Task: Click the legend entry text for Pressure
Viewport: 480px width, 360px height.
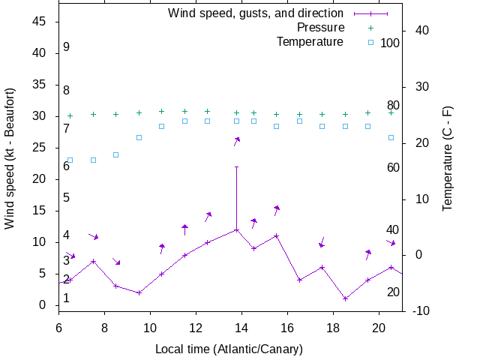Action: click(x=320, y=28)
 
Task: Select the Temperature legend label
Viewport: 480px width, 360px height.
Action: click(x=310, y=42)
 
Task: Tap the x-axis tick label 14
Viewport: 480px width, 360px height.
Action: click(x=241, y=327)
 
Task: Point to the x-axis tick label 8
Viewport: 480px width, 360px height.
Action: click(x=104, y=327)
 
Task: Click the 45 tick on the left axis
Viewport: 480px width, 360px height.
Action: click(x=40, y=22)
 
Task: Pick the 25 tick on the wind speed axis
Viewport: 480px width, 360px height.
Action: click(x=40, y=148)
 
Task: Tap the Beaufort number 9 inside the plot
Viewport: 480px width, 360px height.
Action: click(x=67, y=46)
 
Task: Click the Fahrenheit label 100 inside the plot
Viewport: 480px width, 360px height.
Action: click(x=390, y=43)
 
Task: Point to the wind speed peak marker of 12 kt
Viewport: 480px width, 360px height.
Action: click(x=237, y=229)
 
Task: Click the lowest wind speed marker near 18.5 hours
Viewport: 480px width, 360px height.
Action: click(x=345, y=298)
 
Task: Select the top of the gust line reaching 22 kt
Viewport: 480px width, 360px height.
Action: click(x=237, y=166)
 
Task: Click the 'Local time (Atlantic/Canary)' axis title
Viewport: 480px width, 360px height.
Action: click(x=228, y=349)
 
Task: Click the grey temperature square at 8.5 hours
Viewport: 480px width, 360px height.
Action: click(x=116, y=154)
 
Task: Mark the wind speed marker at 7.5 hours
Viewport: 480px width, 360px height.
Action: click(x=93, y=261)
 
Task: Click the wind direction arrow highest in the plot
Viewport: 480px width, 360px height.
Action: click(x=236, y=140)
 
